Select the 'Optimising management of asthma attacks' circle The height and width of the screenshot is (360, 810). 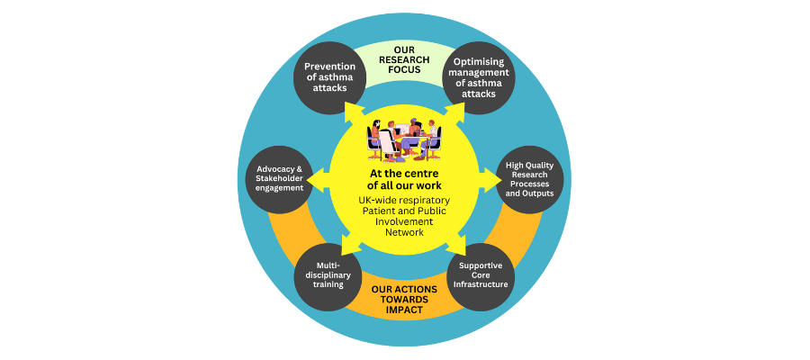coord(479,79)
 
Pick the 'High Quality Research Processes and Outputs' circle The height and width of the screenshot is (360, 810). coord(529,180)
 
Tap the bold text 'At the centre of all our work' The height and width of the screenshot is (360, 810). coord(405,179)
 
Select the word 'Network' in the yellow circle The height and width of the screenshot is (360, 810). coord(405,232)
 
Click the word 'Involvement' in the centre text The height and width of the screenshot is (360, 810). coord(405,221)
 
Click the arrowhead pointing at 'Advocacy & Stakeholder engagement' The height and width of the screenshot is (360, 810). coord(314,180)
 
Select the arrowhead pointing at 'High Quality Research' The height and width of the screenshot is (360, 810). coord(494,180)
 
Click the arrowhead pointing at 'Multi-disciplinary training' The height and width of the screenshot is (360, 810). coord(352,247)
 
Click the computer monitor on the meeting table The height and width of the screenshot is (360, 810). coord(402,130)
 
